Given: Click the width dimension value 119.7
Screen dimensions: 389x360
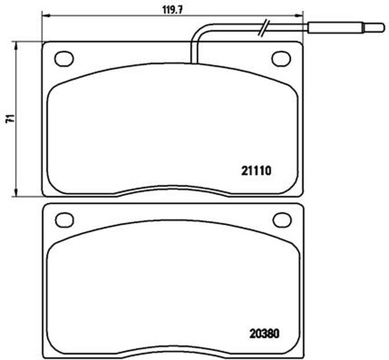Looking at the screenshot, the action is pos(173,10).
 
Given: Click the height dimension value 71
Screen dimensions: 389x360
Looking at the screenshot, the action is pos(10,119).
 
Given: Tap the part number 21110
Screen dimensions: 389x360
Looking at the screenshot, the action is pos(256,171).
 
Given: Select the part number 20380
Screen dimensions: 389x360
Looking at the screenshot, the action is pos(264,333).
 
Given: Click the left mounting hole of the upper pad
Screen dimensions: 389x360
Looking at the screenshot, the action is pos(64,58).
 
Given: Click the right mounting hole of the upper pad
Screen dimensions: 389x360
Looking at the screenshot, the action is pos(281,58).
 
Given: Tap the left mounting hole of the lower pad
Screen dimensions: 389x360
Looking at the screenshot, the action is pos(65,220).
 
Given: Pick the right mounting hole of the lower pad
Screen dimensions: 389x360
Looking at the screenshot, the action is pos(282,220).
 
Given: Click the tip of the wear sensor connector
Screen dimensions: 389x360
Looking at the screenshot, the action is pos(384,28).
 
